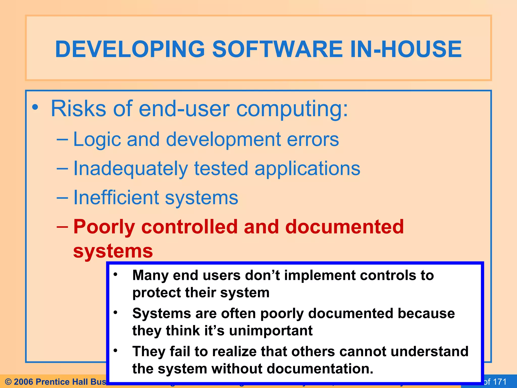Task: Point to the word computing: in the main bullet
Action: pos(292,109)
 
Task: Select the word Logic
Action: pos(97,140)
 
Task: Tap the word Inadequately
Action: pos(131,169)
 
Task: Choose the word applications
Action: pos(307,169)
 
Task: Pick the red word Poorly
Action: pos(104,227)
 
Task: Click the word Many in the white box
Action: pos(150,275)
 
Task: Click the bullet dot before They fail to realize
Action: pos(115,351)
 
